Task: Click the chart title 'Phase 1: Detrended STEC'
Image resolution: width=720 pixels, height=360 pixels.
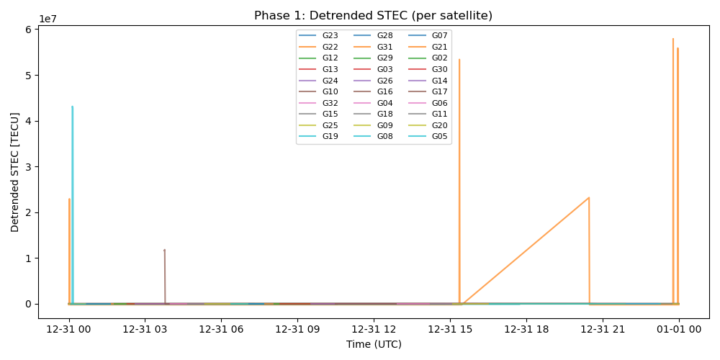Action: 373,16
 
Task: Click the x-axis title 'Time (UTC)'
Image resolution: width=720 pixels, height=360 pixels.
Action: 374,344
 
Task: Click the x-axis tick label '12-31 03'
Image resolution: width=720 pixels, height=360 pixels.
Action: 145,329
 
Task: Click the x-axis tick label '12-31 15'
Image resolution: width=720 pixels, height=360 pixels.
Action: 450,329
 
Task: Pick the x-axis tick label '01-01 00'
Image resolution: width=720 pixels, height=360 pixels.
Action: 679,329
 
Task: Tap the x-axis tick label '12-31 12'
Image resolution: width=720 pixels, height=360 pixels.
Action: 374,329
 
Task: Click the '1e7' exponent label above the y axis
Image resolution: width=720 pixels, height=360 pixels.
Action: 48,19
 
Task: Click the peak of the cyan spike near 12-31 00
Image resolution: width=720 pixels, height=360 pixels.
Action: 72,107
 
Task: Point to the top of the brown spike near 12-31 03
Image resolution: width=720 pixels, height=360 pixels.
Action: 164,250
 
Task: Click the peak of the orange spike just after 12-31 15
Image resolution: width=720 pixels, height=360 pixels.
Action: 459,59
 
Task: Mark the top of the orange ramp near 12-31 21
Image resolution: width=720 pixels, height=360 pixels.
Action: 589,197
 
